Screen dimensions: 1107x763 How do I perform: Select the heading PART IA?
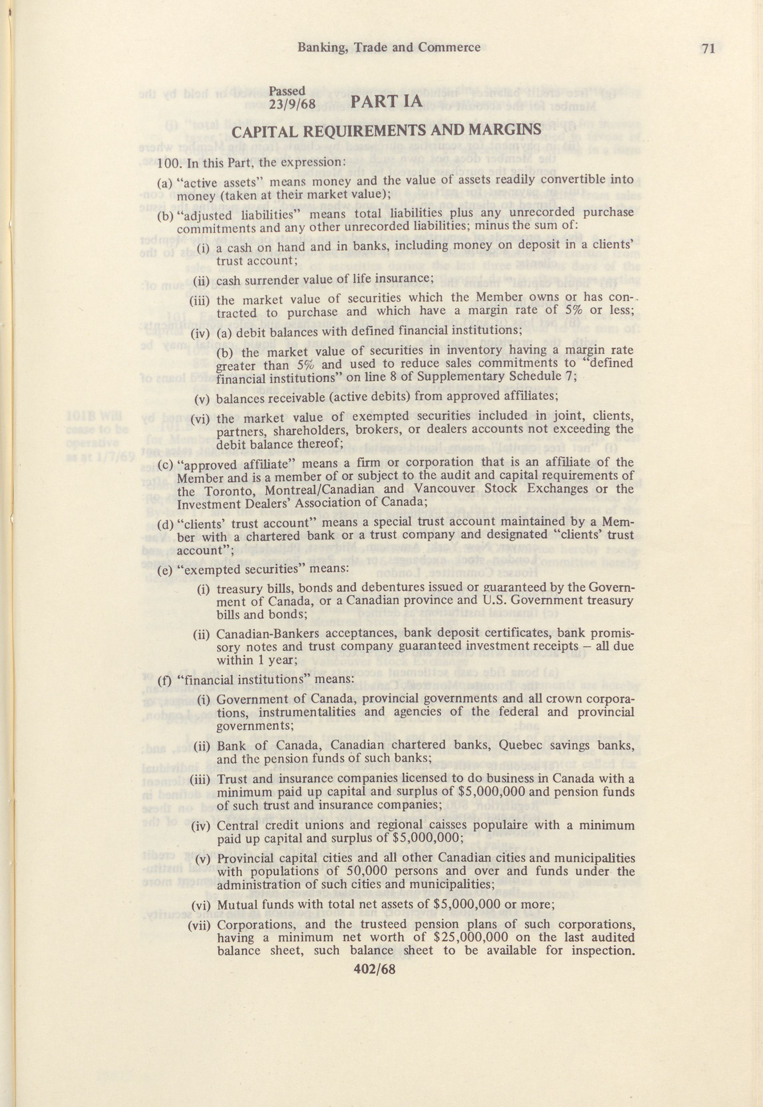pyautogui.click(x=387, y=102)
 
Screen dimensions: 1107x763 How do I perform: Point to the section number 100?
pyautogui.click(x=168, y=162)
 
